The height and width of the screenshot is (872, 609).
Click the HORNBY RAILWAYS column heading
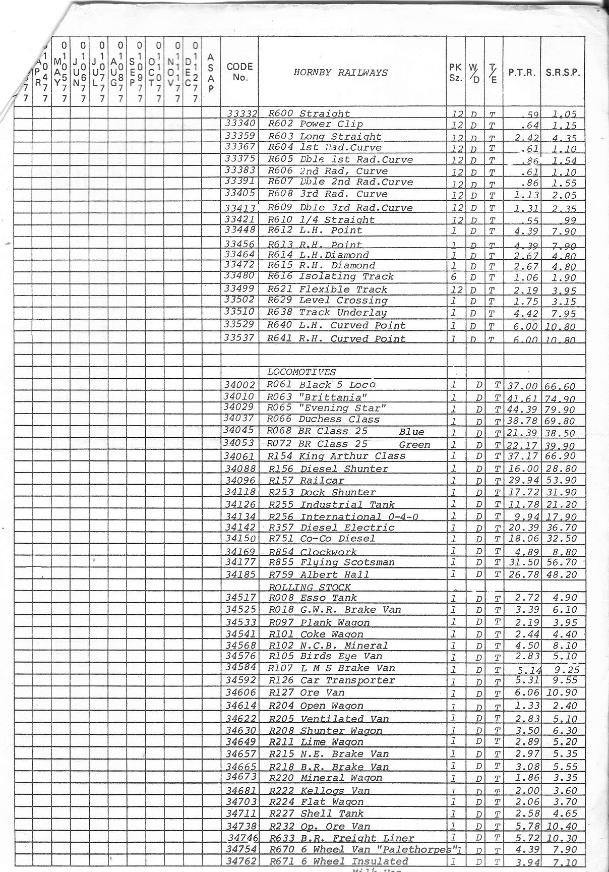341,72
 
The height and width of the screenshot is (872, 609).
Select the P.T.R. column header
521,73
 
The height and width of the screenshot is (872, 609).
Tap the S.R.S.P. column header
563,73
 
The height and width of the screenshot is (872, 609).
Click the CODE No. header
239,72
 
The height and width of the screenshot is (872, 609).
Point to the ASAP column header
211,73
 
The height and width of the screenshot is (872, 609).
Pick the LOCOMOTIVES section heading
301,372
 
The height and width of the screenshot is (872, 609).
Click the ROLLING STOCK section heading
310,587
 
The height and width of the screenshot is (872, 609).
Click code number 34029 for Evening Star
239,408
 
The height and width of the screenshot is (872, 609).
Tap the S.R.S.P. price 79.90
561,409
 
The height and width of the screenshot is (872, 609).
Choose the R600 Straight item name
309,113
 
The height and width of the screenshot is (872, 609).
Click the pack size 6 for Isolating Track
454,276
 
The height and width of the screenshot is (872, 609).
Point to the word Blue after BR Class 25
411,432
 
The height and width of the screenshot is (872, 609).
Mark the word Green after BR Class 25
414,445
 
